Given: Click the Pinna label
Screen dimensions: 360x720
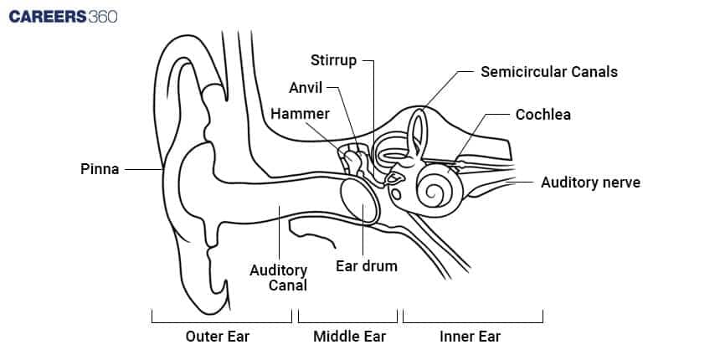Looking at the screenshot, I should pyautogui.click(x=100, y=169).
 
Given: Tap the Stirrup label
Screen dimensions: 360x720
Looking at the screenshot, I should pyautogui.click(x=333, y=60).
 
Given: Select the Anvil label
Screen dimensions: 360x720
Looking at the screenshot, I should pyautogui.click(x=306, y=87).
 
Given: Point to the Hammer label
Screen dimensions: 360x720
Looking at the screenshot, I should pyautogui.click(x=299, y=113).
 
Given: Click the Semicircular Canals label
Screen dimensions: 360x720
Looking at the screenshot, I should pyautogui.click(x=548, y=71).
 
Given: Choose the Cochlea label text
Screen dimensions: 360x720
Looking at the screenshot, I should pyautogui.click(x=543, y=114).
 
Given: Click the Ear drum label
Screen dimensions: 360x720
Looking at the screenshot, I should pyautogui.click(x=366, y=266).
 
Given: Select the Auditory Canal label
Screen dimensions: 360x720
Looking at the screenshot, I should pyautogui.click(x=280, y=277).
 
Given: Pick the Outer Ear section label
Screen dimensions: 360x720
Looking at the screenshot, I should pyautogui.click(x=218, y=337).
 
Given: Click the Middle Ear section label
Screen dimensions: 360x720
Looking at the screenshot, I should pyautogui.click(x=349, y=337).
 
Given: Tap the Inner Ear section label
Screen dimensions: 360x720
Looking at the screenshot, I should pyautogui.click(x=471, y=337).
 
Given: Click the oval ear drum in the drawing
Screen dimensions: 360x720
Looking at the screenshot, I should pyautogui.click(x=360, y=200).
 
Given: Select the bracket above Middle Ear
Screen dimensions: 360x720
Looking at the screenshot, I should pyautogui.click(x=347, y=319).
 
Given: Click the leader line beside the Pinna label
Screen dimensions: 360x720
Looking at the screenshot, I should pyautogui.click(x=142, y=169).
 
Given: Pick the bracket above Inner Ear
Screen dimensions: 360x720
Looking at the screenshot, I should pyautogui.click(x=473, y=319).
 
